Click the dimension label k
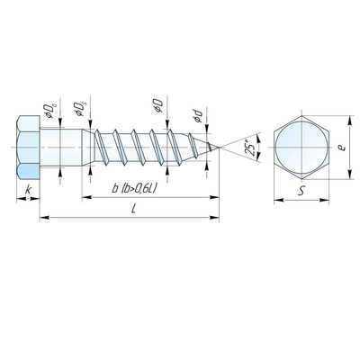28,190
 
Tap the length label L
133,209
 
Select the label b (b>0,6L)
134,188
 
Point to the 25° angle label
249,148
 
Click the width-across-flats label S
301,191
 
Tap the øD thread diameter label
158,105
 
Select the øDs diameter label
80,109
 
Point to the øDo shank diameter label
49,111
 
